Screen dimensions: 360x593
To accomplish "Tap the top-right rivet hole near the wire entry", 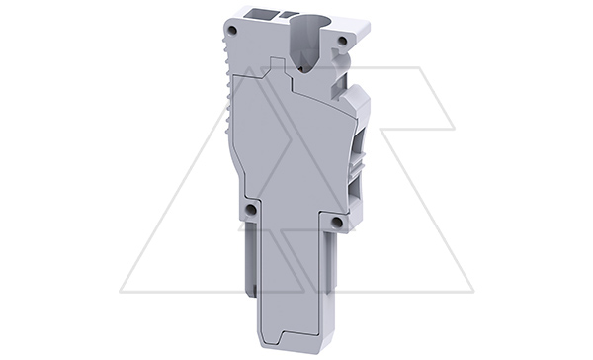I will click(342, 40).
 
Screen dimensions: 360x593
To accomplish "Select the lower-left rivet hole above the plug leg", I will click(251, 210).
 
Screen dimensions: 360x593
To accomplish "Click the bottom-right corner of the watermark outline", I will click(472, 292).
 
